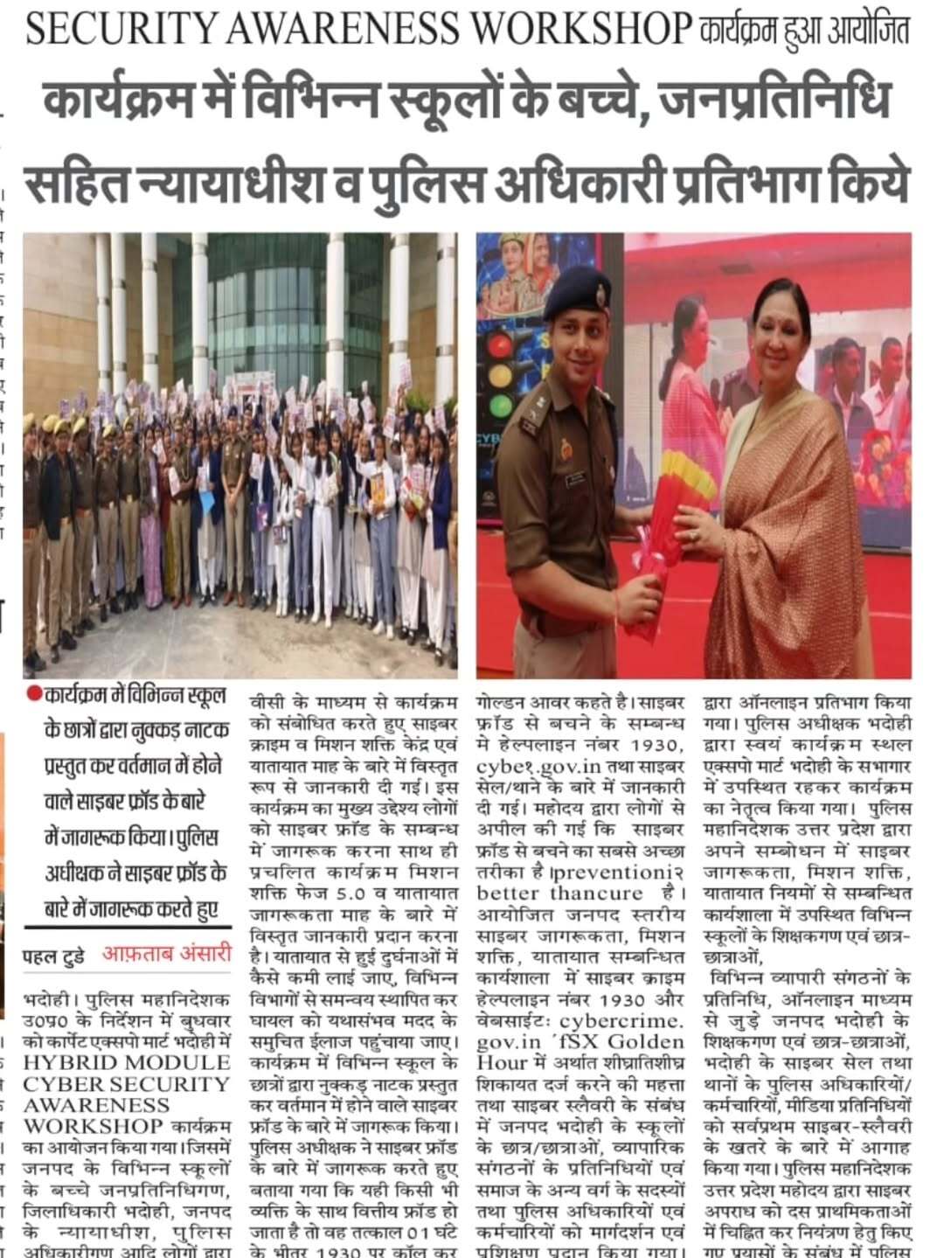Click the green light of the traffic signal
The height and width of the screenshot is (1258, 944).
tap(500, 406)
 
